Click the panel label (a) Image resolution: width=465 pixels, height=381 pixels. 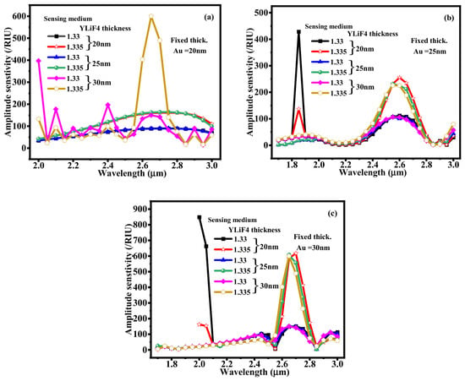(x=209, y=17)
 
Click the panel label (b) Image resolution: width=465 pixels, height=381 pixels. (x=449, y=18)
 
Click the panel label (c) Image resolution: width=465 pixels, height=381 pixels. (x=332, y=213)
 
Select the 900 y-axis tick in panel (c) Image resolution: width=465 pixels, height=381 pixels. (x=140, y=210)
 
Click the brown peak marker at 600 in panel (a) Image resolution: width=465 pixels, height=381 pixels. (x=151, y=16)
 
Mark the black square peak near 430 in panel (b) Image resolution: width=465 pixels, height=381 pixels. (x=298, y=32)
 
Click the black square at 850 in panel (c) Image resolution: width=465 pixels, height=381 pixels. (x=200, y=217)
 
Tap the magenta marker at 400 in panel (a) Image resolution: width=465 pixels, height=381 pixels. (x=39, y=61)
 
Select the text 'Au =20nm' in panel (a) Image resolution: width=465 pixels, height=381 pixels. (x=189, y=51)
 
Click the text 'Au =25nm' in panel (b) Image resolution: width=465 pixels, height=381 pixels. (x=429, y=52)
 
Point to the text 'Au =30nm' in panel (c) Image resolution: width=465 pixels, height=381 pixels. (x=313, y=248)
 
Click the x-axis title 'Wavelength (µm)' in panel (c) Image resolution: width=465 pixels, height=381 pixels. (x=253, y=371)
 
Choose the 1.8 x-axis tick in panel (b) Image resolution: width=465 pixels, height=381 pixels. (x=292, y=164)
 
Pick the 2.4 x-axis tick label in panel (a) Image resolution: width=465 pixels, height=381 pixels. (x=108, y=165)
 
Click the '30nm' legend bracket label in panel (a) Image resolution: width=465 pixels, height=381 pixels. (x=101, y=82)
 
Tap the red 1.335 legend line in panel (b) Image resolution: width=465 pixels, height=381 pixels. (x=320, y=52)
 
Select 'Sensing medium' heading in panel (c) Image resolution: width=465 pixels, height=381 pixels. (x=232, y=220)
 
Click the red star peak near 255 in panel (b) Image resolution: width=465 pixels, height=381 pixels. (x=399, y=78)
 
